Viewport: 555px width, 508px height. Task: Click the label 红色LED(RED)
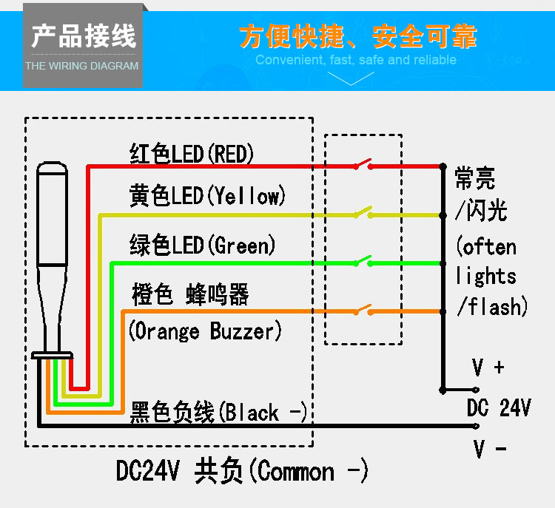click(x=192, y=154)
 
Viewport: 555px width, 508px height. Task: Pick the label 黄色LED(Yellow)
click(x=206, y=196)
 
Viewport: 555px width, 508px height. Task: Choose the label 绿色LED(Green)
click(x=202, y=244)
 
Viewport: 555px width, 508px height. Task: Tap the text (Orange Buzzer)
click(x=205, y=331)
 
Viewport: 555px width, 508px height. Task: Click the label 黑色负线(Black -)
click(x=218, y=412)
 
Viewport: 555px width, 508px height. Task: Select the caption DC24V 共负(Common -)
click(x=242, y=471)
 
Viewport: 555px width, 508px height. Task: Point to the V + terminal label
click(x=488, y=368)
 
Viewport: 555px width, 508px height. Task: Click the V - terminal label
click(x=489, y=448)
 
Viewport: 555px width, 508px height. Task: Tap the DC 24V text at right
click(x=498, y=407)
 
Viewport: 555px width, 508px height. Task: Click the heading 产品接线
click(x=83, y=35)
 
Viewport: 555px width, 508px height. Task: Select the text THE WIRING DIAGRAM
click(x=82, y=66)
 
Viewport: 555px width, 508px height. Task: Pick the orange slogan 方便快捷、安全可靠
click(x=358, y=35)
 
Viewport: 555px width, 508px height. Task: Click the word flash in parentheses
click(x=494, y=305)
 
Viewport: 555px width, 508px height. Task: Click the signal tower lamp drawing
click(x=53, y=259)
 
